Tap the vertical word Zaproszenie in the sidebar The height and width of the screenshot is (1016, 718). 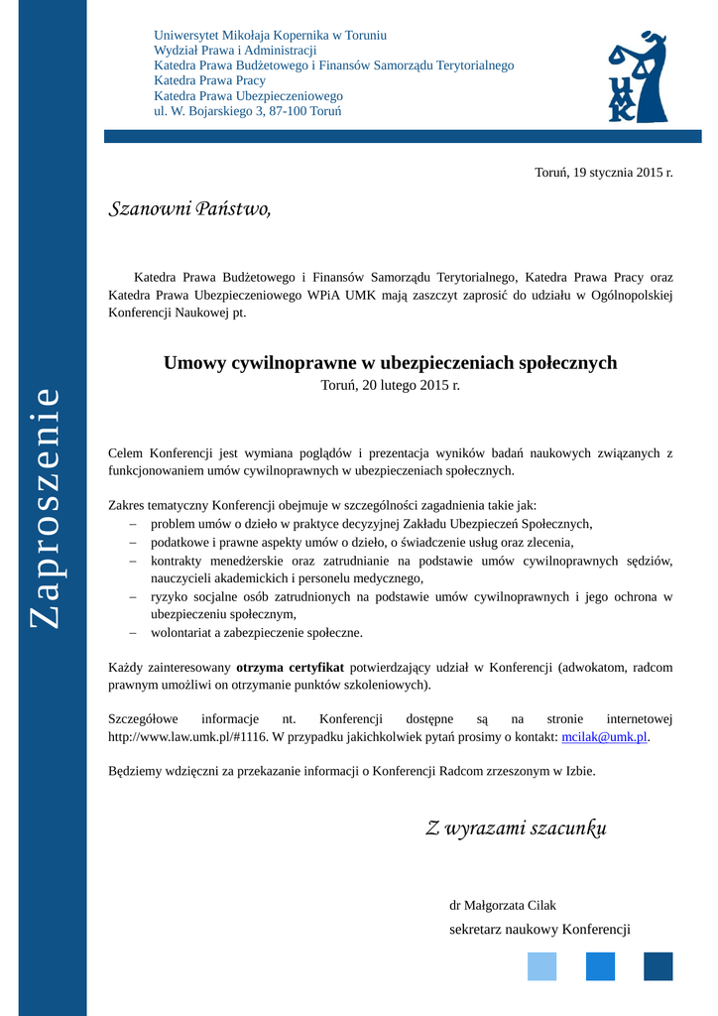point(45,507)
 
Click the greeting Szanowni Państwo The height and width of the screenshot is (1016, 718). point(188,208)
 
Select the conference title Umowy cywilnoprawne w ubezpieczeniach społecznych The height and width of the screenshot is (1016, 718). point(390,363)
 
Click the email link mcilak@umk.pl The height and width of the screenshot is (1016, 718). point(604,736)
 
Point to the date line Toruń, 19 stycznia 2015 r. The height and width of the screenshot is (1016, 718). point(603,173)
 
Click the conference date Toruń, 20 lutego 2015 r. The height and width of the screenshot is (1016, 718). point(390,385)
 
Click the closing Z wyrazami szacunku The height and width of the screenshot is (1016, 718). point(516,828)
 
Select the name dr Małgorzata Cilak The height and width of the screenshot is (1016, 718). point(503,905)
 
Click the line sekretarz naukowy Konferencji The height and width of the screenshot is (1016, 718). point(539,929)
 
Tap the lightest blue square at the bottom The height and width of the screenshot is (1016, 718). point(541,966)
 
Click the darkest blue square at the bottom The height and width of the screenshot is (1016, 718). point(658,966)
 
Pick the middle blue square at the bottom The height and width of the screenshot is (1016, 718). point(600,966)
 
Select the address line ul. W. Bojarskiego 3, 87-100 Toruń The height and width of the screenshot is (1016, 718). point(247,111)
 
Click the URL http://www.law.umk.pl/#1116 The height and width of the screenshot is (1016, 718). point(187,736)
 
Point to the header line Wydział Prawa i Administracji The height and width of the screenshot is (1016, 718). point(235,50)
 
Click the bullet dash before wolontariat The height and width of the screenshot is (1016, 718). point(132,632)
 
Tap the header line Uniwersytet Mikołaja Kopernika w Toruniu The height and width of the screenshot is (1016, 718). point(270,35)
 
